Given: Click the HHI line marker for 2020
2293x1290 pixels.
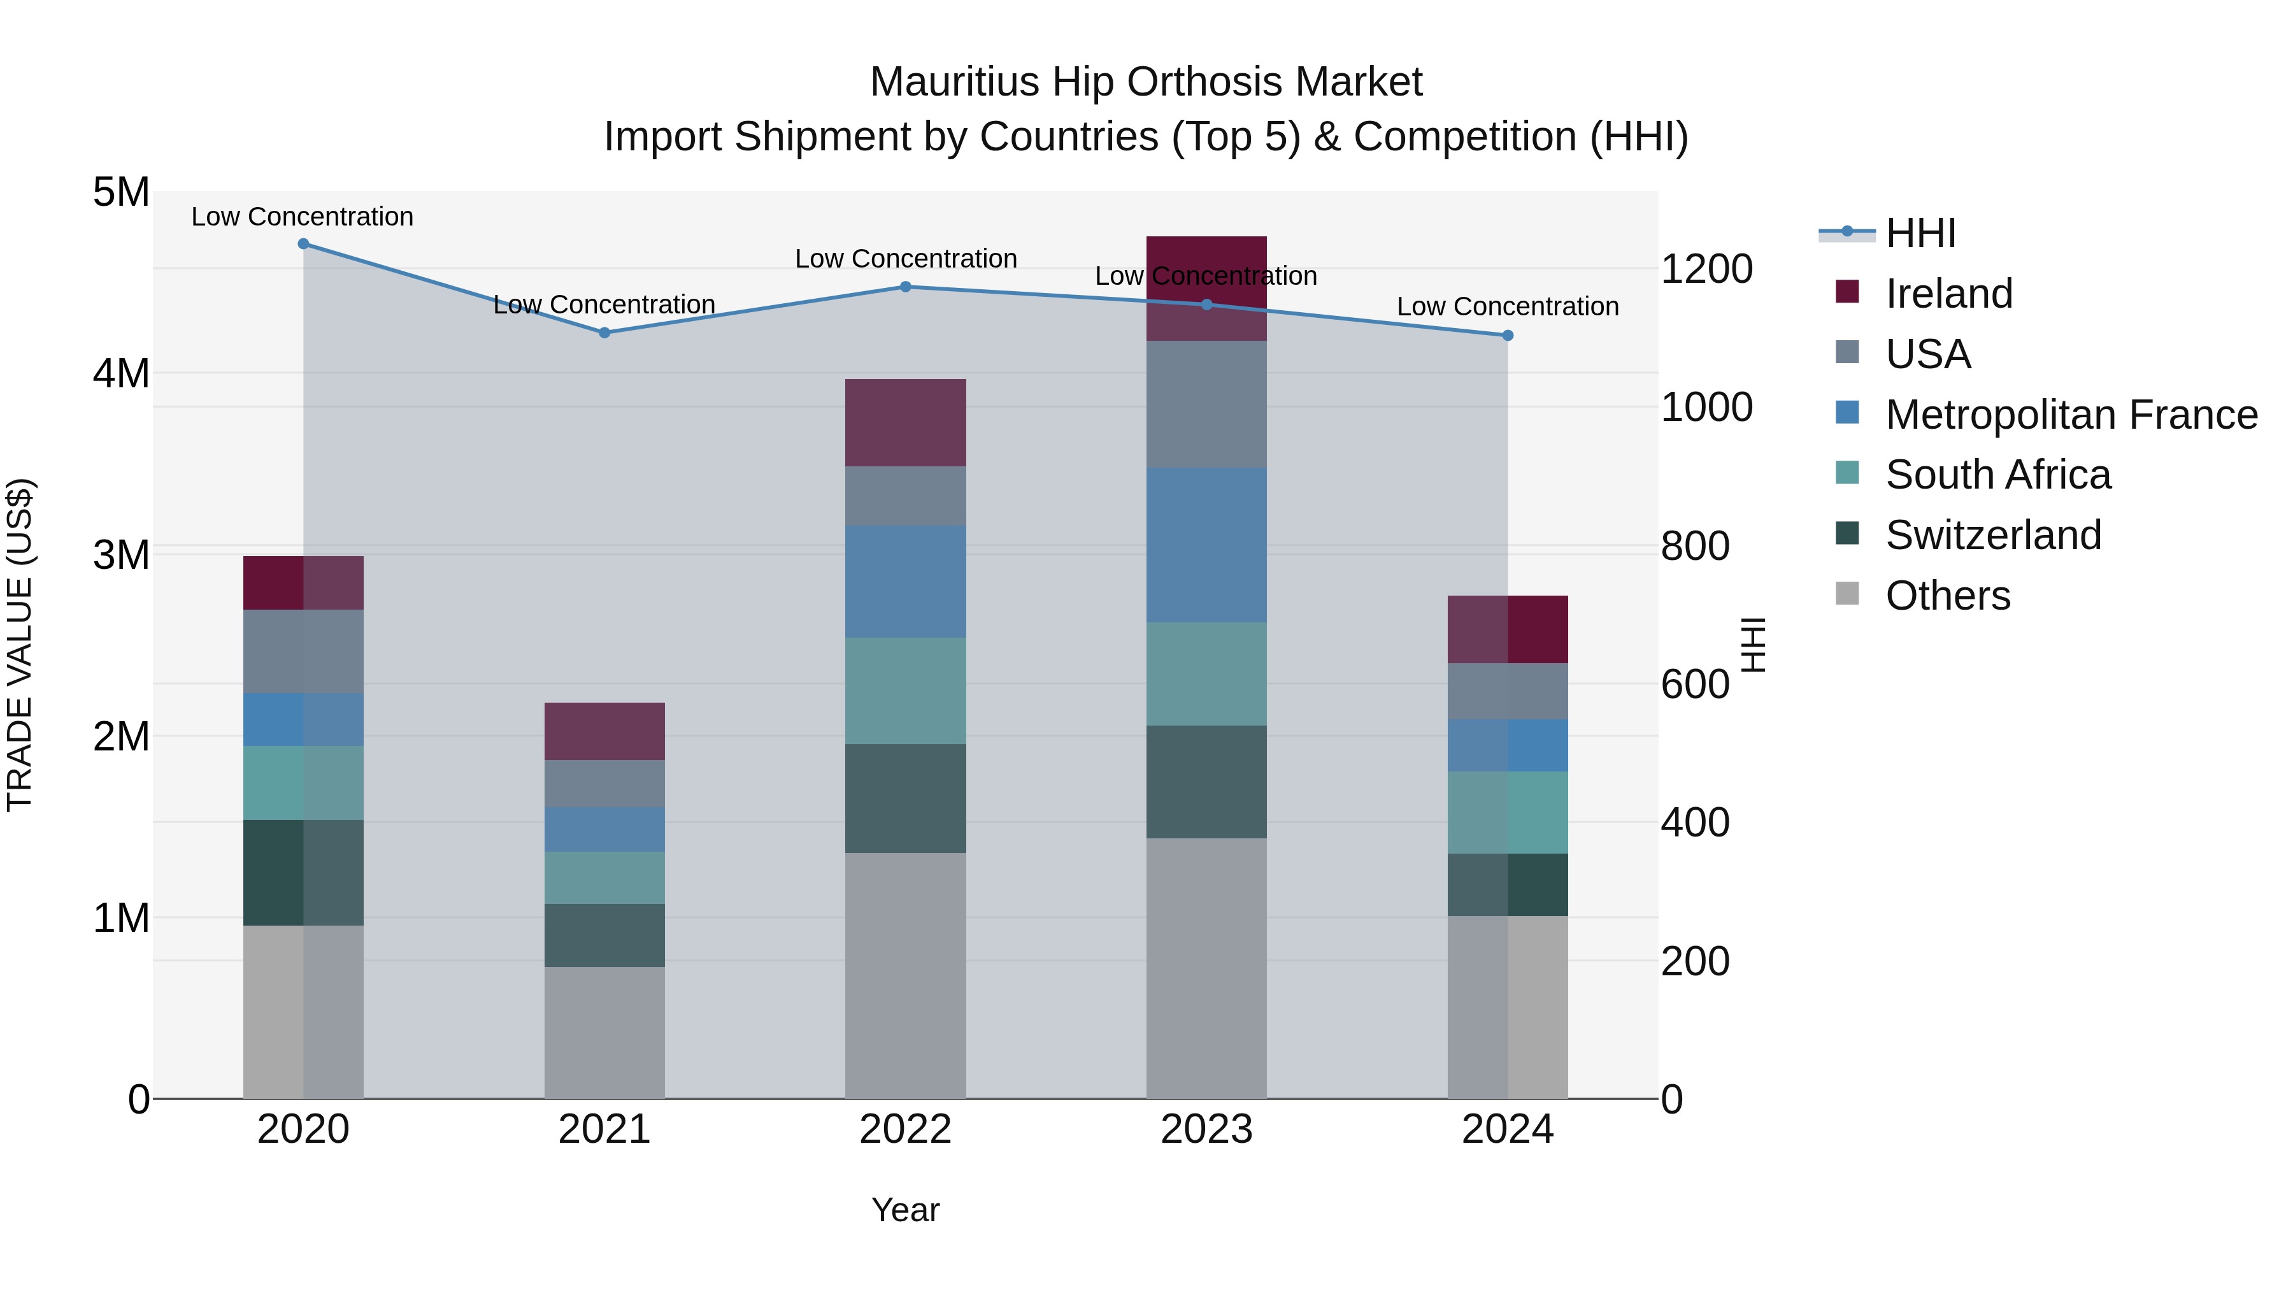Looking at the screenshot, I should [x=304, y=244].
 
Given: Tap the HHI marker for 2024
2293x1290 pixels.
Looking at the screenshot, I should [x=1507, y=336].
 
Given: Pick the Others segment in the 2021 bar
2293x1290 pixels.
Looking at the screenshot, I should [x=604, y=1032].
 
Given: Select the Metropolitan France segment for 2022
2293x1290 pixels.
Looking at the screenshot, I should [x=905, y=582].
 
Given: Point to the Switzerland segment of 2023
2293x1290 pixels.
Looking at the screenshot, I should [x=1206, y=781].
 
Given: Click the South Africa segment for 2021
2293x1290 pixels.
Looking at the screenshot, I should [x=604, y=877].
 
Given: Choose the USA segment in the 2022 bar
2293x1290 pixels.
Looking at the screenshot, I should [x=905, y=496].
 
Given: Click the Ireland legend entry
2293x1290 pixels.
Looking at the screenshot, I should [x=1948, y=294].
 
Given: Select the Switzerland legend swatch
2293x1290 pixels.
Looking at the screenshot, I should [x=1847, y=534].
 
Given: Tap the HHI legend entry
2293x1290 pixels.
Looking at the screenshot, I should [x=1920, y=233].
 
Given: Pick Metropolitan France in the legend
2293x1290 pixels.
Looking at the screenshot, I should [x=2071, y=415].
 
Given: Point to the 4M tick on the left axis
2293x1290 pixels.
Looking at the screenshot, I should [x=122, y=373].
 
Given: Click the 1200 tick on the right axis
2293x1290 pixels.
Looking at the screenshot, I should [x=1706, y=269].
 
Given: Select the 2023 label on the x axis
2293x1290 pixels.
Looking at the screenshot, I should [x=1206, y=1129].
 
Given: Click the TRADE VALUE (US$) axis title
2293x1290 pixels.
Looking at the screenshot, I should [x=20, y=645].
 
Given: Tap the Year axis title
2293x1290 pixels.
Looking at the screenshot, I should [x=905, y=1210].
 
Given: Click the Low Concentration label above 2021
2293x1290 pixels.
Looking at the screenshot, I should [x=604, y=305].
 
